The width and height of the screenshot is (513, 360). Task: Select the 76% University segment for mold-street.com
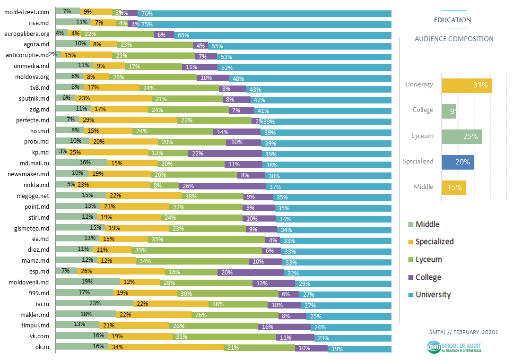264,13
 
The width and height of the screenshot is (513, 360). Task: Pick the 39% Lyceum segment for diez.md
197,250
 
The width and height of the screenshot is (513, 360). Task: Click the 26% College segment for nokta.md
216,185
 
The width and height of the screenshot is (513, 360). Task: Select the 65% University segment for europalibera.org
283,35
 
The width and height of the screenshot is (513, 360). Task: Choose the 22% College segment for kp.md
225,153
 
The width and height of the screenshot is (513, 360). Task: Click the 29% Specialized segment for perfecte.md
128,120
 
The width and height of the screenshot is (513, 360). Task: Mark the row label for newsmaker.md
29,174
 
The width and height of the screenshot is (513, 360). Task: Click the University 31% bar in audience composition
466,86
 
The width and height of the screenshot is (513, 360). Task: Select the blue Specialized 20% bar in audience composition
458,162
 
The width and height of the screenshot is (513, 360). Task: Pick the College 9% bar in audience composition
449,111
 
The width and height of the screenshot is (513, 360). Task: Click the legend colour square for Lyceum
410,260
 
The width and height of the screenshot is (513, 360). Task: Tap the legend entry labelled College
428,277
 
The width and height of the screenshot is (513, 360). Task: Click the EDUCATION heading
452,20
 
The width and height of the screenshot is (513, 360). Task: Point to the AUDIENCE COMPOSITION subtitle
454,39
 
